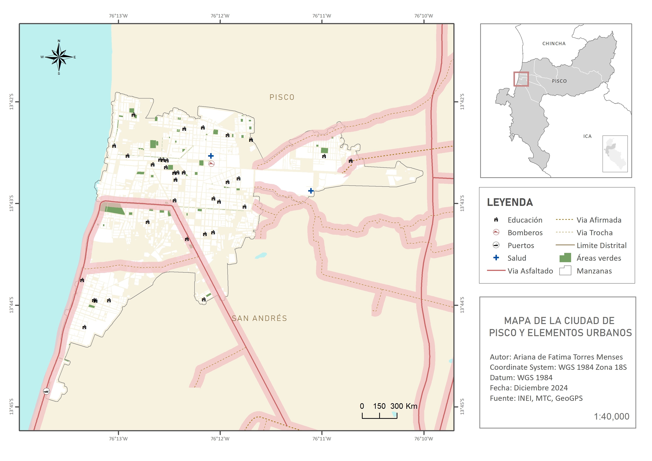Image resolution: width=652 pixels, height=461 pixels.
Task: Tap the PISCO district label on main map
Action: pyautogui.click(x=282, y=97)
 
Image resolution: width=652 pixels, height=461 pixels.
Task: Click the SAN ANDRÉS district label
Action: pyautogui.click(x=259, y=318)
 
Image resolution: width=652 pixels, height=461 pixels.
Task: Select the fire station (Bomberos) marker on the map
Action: pyautogui.click(x=211, y=164)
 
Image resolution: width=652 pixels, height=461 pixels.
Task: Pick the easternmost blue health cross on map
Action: pyautogui.click(x=311, y=191)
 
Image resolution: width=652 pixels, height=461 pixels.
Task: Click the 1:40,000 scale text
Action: pyautogui.click(x=611, y=416)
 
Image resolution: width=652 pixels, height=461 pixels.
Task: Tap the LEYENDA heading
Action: pyautogui.click(x=510, y=202)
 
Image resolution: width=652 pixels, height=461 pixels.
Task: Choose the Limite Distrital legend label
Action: pyautogui.click(x=601, y=245)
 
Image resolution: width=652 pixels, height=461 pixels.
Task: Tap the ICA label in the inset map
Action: pyautogui.click(x=587, y=136)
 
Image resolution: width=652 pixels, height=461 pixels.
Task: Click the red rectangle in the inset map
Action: pyautogui.click(x=521, y=79)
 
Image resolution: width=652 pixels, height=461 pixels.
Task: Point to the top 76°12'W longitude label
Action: pyautogui.click(x=220, y=16)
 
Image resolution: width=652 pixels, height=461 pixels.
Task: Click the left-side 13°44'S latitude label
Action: pyautogui.click(x=11, y=305)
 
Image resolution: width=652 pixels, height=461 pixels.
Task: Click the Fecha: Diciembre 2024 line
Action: pyautogui.click(x=529, y=388)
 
